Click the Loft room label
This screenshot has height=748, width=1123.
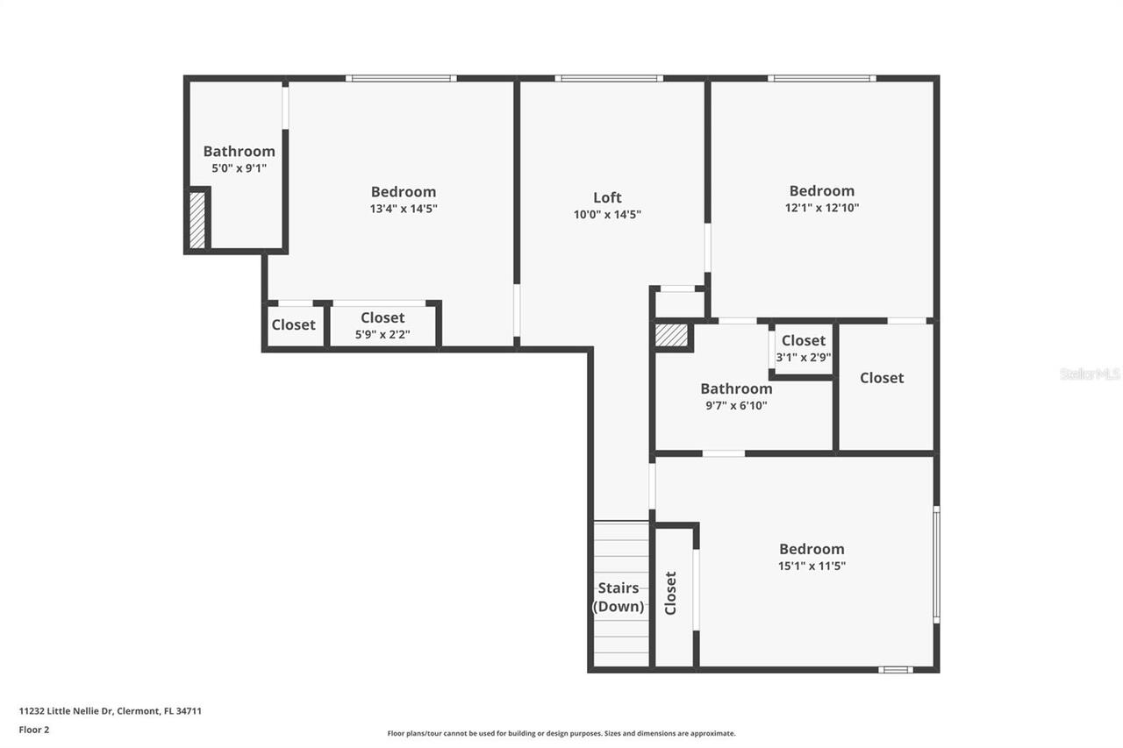[607, 197]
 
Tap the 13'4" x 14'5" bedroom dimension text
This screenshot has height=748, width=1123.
[403, 209]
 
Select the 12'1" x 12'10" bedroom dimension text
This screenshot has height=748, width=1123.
[821, 208]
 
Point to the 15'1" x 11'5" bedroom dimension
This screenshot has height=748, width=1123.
[812, 566]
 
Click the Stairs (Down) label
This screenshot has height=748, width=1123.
[619, 597]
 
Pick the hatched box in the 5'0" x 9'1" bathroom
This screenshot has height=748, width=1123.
[197, 220]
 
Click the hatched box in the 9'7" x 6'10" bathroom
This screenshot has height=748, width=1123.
[672, 337]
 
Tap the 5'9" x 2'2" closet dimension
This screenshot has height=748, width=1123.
[383, 334]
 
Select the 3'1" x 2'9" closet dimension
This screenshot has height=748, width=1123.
[803, 357]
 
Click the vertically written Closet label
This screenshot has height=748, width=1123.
[671, 593]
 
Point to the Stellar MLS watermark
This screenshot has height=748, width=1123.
[1090, 374]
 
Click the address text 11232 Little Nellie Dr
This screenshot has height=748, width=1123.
[111, 711]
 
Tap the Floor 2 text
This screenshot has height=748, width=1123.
[34, 730]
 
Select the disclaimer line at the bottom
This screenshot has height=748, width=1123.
[561, 733]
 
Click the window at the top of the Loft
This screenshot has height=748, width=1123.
[608, 79]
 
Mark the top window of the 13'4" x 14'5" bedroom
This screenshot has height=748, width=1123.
[400, 79]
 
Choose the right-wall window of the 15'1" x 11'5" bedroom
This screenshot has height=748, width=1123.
[936, 565]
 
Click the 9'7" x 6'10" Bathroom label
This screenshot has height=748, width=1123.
[736, 388]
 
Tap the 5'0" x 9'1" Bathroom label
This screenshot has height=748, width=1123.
[239, 152]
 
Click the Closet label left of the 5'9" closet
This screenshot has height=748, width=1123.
[293, 324]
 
